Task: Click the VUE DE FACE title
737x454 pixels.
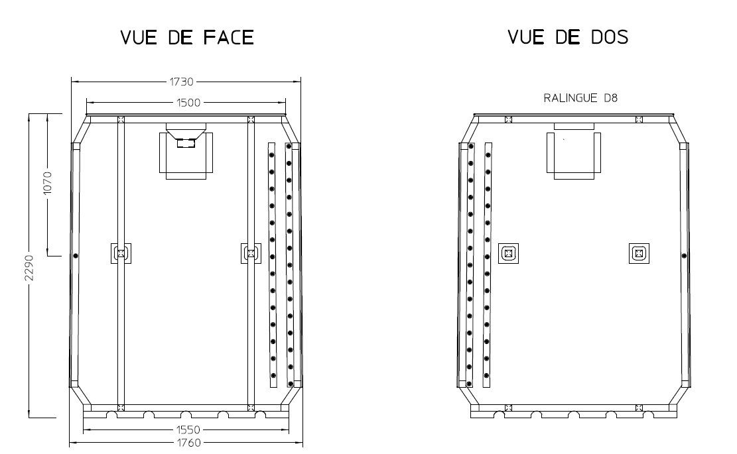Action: coord(187,38)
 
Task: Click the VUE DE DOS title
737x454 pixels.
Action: coord(568,37)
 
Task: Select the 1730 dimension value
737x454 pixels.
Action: coord(181,82)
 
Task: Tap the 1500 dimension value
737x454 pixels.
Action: coord(188,102)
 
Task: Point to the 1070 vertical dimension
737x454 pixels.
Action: coord(48,184)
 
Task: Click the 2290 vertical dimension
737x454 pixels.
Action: coord(29,268)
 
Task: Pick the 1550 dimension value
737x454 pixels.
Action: coord(188,429)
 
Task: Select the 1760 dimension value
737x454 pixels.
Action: coord(188,442)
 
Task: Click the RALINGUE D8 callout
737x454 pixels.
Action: coord(580,98)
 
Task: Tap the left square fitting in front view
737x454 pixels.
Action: coord(121,254)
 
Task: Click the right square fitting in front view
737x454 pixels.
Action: coord(251,254)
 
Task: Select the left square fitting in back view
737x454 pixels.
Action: coord(508,254)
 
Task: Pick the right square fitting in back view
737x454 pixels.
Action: coord(639,254)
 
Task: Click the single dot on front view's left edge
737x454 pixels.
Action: coord(75,256)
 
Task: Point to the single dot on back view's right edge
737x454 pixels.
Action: coord(685,256)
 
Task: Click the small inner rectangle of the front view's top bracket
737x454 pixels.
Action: coord(186,142)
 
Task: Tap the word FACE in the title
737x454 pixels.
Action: coord(229,38)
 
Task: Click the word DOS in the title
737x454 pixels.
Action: coord(610,37)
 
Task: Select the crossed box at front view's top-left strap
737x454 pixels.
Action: coord(121,119)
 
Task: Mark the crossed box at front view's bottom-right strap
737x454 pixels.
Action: coord(251,408)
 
